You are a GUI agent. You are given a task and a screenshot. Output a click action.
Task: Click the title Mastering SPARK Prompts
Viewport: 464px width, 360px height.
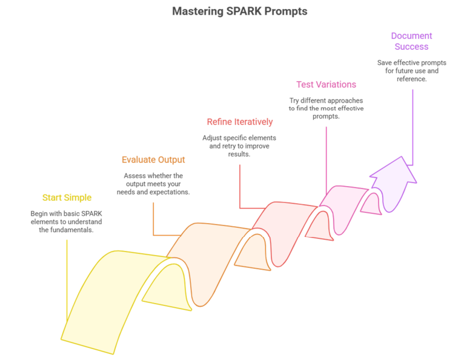pos(240,12)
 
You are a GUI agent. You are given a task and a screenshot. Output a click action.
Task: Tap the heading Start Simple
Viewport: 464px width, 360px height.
pos(67,198)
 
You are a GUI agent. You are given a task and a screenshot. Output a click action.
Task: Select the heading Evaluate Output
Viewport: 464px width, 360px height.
pos(153,160)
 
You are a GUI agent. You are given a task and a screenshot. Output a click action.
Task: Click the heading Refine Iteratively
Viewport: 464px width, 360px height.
pos(240,122)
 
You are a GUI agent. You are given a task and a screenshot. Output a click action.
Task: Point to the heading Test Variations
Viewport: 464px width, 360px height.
pos(326,85)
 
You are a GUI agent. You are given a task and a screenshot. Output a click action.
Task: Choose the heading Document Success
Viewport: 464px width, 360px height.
pos(412,41)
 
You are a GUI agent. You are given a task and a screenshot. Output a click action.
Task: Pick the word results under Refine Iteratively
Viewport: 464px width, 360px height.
pos(239,155)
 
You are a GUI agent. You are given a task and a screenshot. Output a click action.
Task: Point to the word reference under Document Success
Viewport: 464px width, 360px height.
pos(412,79)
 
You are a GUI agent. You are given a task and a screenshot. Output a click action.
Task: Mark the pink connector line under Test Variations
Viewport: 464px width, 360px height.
pos(326,161)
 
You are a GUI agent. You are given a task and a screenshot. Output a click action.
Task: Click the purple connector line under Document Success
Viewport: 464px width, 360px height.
pos(413,127)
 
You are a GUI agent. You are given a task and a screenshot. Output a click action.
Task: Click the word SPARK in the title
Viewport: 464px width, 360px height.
pos(244,12)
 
